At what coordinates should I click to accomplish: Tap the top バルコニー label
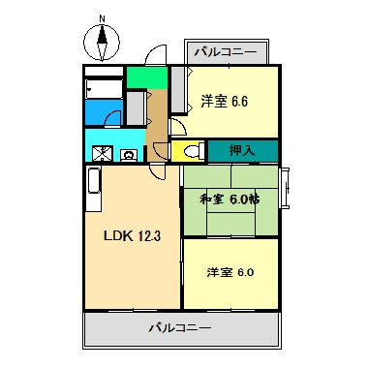225,50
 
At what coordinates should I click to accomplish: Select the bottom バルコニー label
180,327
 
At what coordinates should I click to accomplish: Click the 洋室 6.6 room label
226,101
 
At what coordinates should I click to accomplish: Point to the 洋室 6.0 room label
230,272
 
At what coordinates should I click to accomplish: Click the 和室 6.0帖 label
230,200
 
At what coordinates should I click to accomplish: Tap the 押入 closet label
242,151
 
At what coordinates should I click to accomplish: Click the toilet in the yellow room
189,151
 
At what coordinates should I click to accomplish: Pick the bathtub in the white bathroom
103,88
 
